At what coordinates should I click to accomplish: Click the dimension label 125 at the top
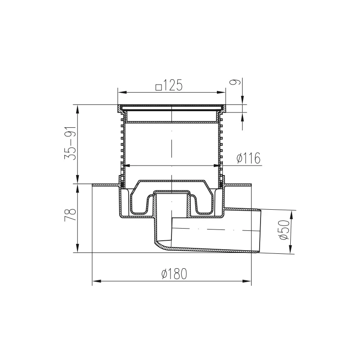[172, 85]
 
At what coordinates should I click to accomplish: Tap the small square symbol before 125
[159, 87]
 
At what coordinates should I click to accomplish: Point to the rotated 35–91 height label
[70, 143]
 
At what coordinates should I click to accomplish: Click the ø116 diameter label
[249, 158]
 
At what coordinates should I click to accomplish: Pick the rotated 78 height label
[70, 215]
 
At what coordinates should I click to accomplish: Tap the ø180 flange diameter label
[175, 274]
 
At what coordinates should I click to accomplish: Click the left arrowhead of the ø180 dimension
[97, 281]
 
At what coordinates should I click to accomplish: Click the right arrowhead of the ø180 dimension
[247, 281]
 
